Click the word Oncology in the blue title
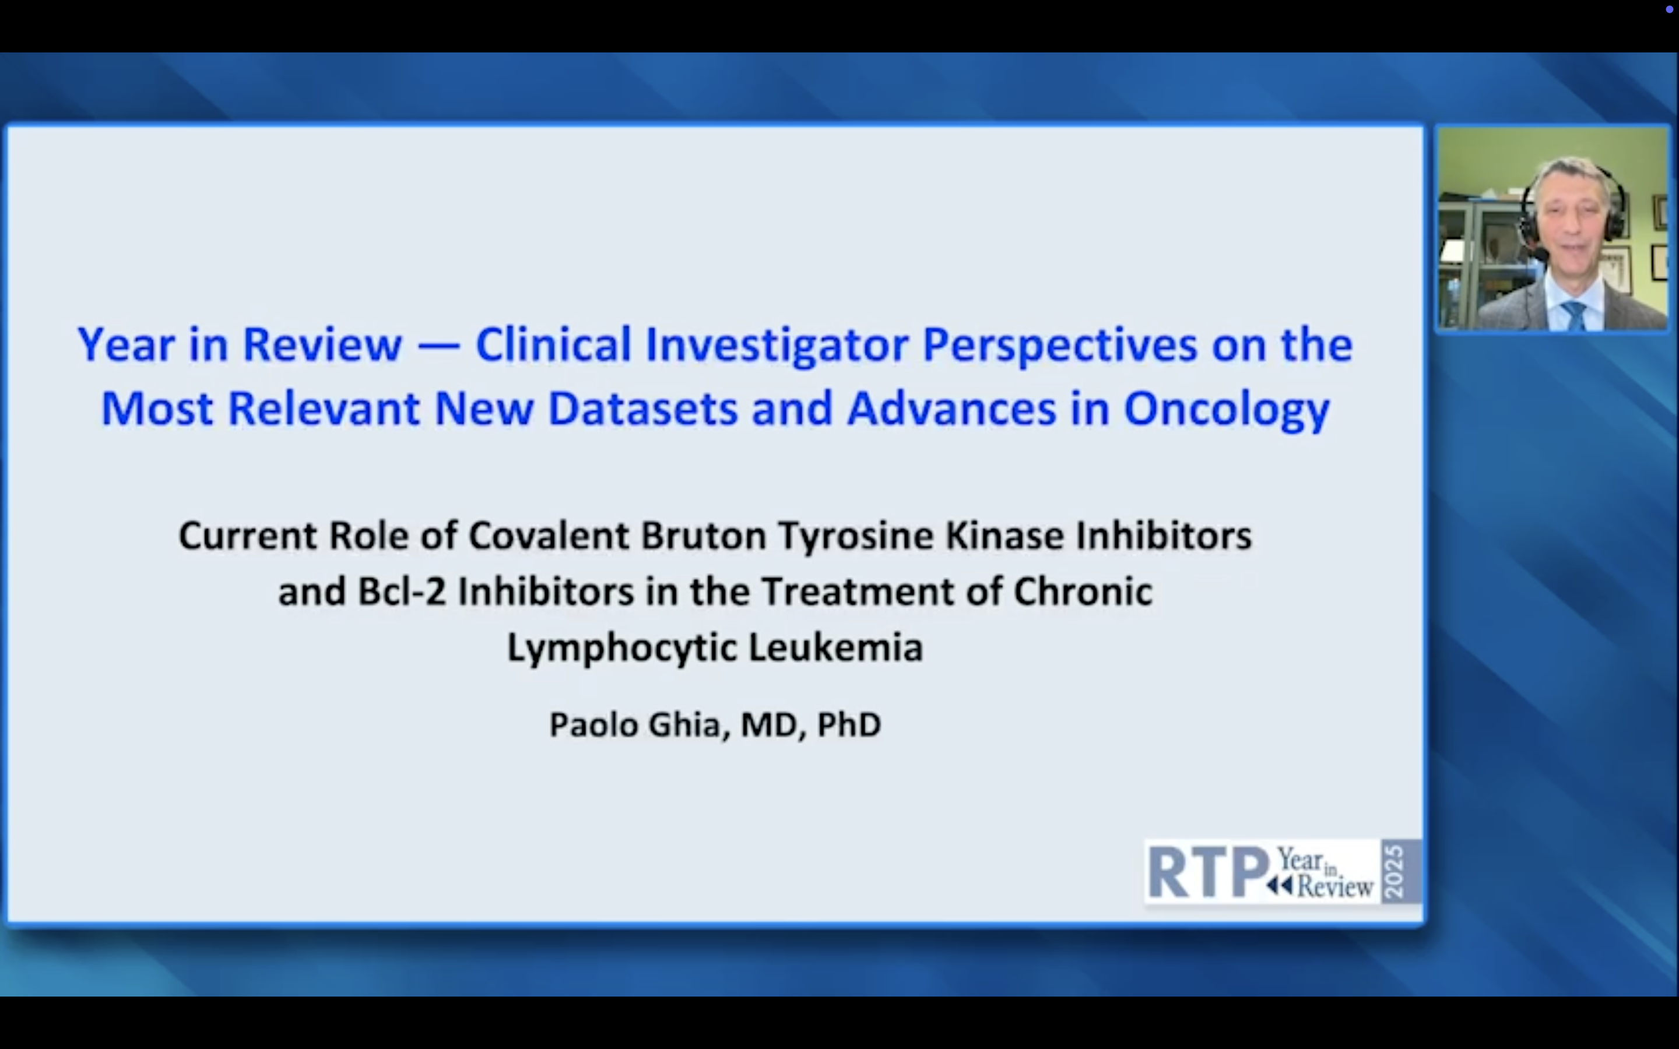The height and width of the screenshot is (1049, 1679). (1227, 409)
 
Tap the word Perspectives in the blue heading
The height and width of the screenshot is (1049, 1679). (1059, 345)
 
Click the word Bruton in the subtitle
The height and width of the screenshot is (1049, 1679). (704, 536)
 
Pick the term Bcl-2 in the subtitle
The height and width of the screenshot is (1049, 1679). (402, 592)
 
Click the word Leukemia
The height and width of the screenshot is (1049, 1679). (836, 647)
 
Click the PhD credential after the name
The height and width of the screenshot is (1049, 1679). (849, 724)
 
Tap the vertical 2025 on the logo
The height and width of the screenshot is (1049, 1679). (1394, 871)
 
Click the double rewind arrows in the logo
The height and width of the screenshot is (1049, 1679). (1278, 886)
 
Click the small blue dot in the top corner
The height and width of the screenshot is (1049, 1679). (1669, 9)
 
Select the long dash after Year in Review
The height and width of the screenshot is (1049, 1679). (439, 345)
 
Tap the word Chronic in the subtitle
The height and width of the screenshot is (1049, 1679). (1083, 592)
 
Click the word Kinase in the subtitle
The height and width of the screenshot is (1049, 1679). (1004, 536)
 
